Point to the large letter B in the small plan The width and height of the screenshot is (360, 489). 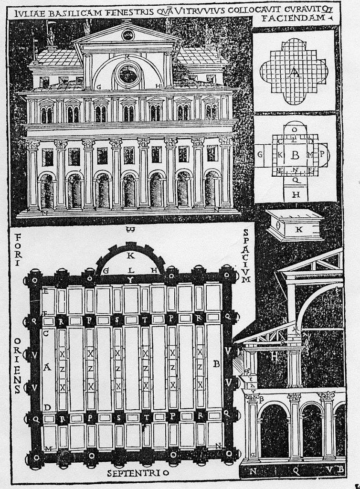coord(295,155)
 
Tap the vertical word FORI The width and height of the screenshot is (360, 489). coord(18,250)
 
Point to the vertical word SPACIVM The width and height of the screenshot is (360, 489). coord(246,255)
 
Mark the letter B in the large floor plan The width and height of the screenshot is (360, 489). coord(216,364)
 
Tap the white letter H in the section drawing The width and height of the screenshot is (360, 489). coord(275,355)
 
